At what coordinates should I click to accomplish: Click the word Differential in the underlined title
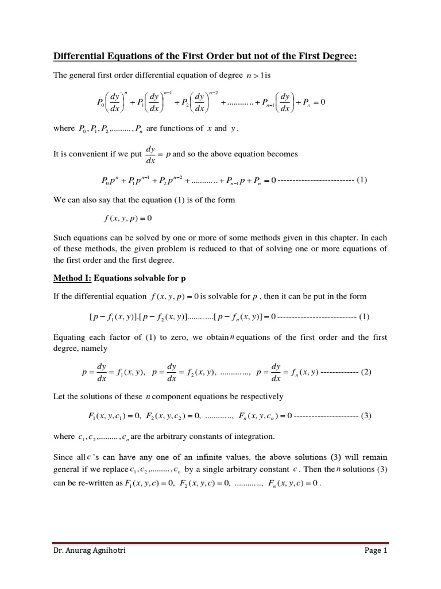(x=80, y=56)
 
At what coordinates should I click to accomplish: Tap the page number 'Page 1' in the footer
(x=376, y=550)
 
